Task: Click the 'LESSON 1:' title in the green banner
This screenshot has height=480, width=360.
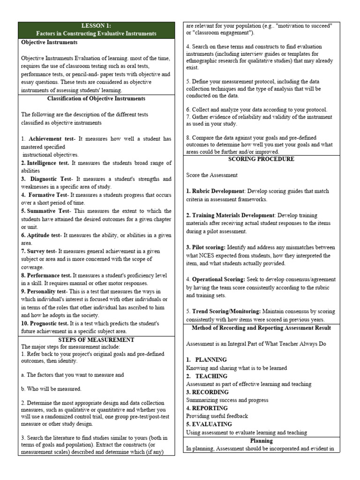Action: coord(96,26)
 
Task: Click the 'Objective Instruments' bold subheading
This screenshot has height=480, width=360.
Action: coord(49,42)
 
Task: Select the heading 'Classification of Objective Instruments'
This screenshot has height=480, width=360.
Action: coord(96,98)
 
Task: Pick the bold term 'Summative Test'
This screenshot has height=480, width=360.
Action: coord(46,211)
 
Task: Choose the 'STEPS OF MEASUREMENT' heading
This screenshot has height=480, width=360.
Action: coord(96,339)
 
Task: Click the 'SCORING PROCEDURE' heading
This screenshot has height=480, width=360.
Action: coord(261,159)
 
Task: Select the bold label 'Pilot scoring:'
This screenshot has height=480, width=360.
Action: coord(209,247)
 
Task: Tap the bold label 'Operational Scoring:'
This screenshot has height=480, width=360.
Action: coord(218,279)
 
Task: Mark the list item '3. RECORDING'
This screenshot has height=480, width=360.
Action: coord(208,392)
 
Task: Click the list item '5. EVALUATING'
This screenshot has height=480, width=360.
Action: coord(209,424)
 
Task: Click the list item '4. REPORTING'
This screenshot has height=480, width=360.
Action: coord(208,408)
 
